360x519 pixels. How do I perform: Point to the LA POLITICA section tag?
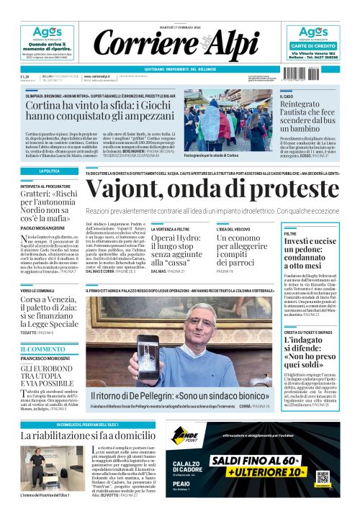(x=49, y=171)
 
